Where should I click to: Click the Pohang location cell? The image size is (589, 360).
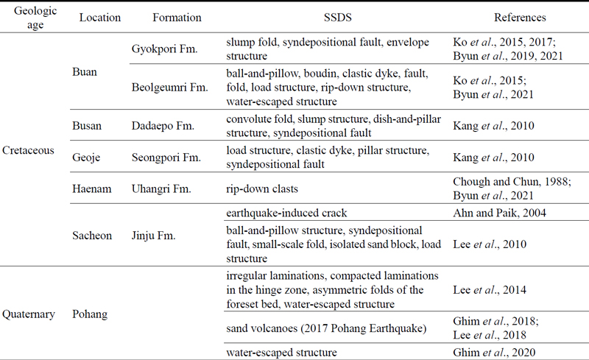point(91,314)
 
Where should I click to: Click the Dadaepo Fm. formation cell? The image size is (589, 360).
point(163,127)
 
